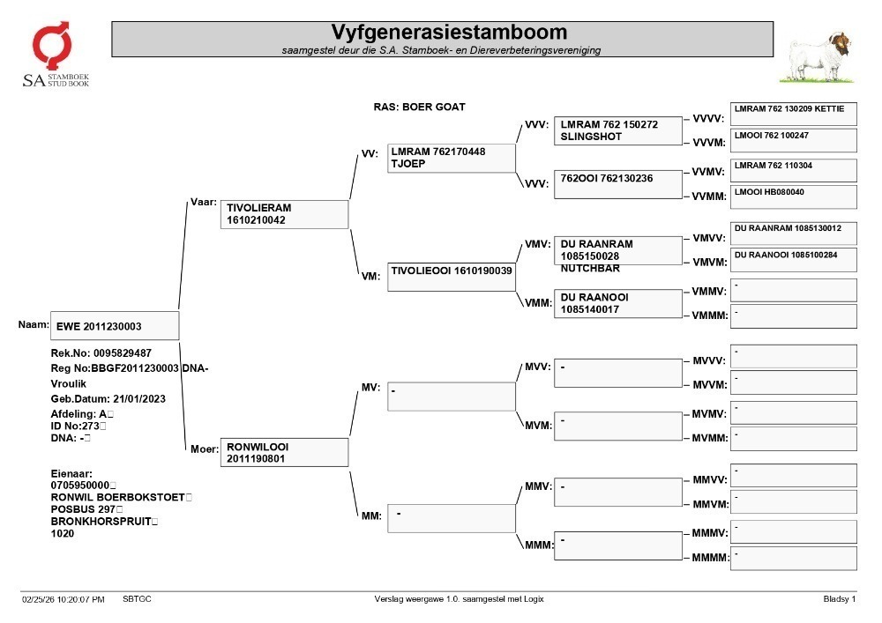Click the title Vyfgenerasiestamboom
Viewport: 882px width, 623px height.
click(449, 32)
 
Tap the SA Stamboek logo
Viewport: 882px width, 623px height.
click(55, 55)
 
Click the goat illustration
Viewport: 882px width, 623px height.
click(816, 57)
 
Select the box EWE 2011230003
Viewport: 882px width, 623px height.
click(115, 326)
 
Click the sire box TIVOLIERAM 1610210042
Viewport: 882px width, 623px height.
click(285, 214)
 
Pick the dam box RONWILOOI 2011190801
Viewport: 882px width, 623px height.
click(285, 452)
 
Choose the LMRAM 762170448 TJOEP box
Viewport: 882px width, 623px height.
click(451, 158)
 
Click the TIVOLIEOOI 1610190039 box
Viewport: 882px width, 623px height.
click(451, 277)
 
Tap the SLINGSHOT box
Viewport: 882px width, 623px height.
click(618, 131)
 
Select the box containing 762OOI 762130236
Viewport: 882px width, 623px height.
click(618, 183)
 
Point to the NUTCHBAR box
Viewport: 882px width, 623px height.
click(618, 250)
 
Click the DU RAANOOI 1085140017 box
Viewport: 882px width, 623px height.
click(618, 303)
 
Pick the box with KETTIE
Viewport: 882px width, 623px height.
click(794, 114)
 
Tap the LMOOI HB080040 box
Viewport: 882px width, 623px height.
click(794, 197)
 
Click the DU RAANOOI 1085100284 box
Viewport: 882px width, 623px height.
click(794, 260)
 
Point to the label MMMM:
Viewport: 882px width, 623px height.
click(710, 558)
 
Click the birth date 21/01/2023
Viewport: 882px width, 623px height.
click(139, 399)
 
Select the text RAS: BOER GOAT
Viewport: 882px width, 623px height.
click(420, 107)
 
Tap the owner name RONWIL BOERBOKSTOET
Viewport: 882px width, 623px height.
click(118, 497)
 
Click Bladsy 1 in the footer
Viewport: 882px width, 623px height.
click(840, 599)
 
